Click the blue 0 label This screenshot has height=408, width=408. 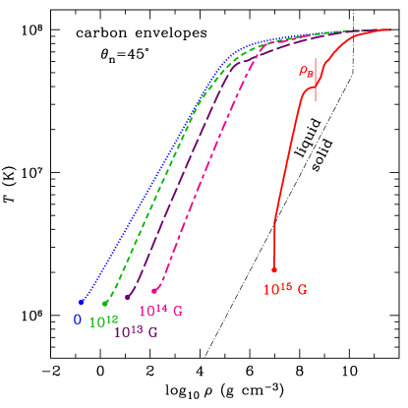pyautogui.click(x=77, y=319)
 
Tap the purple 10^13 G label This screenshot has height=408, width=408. pyautogui.click(x=136, y=331)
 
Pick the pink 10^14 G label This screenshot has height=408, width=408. pyautogui.click(x=160, y=311)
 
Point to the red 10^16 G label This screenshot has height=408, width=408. pyautogui.click(x=285, y=290)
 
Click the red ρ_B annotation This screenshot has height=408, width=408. pyautogui.click(x=305, y=71)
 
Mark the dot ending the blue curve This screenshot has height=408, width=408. pyautogui.click(x=82, y=302)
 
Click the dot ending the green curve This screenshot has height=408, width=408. pyautogui.click(x=105, y=303)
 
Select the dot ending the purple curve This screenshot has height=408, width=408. pyautogui.click(x=128, y=296)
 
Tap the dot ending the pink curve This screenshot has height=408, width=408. pyautogui.click(x=154, y=290)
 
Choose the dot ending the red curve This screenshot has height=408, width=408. pyautogui.click(x=274, y=269)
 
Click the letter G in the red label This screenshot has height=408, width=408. pyautogui.click(x=302, y=291)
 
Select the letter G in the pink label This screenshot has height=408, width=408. pyautogui.click(x=178, y=312)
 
